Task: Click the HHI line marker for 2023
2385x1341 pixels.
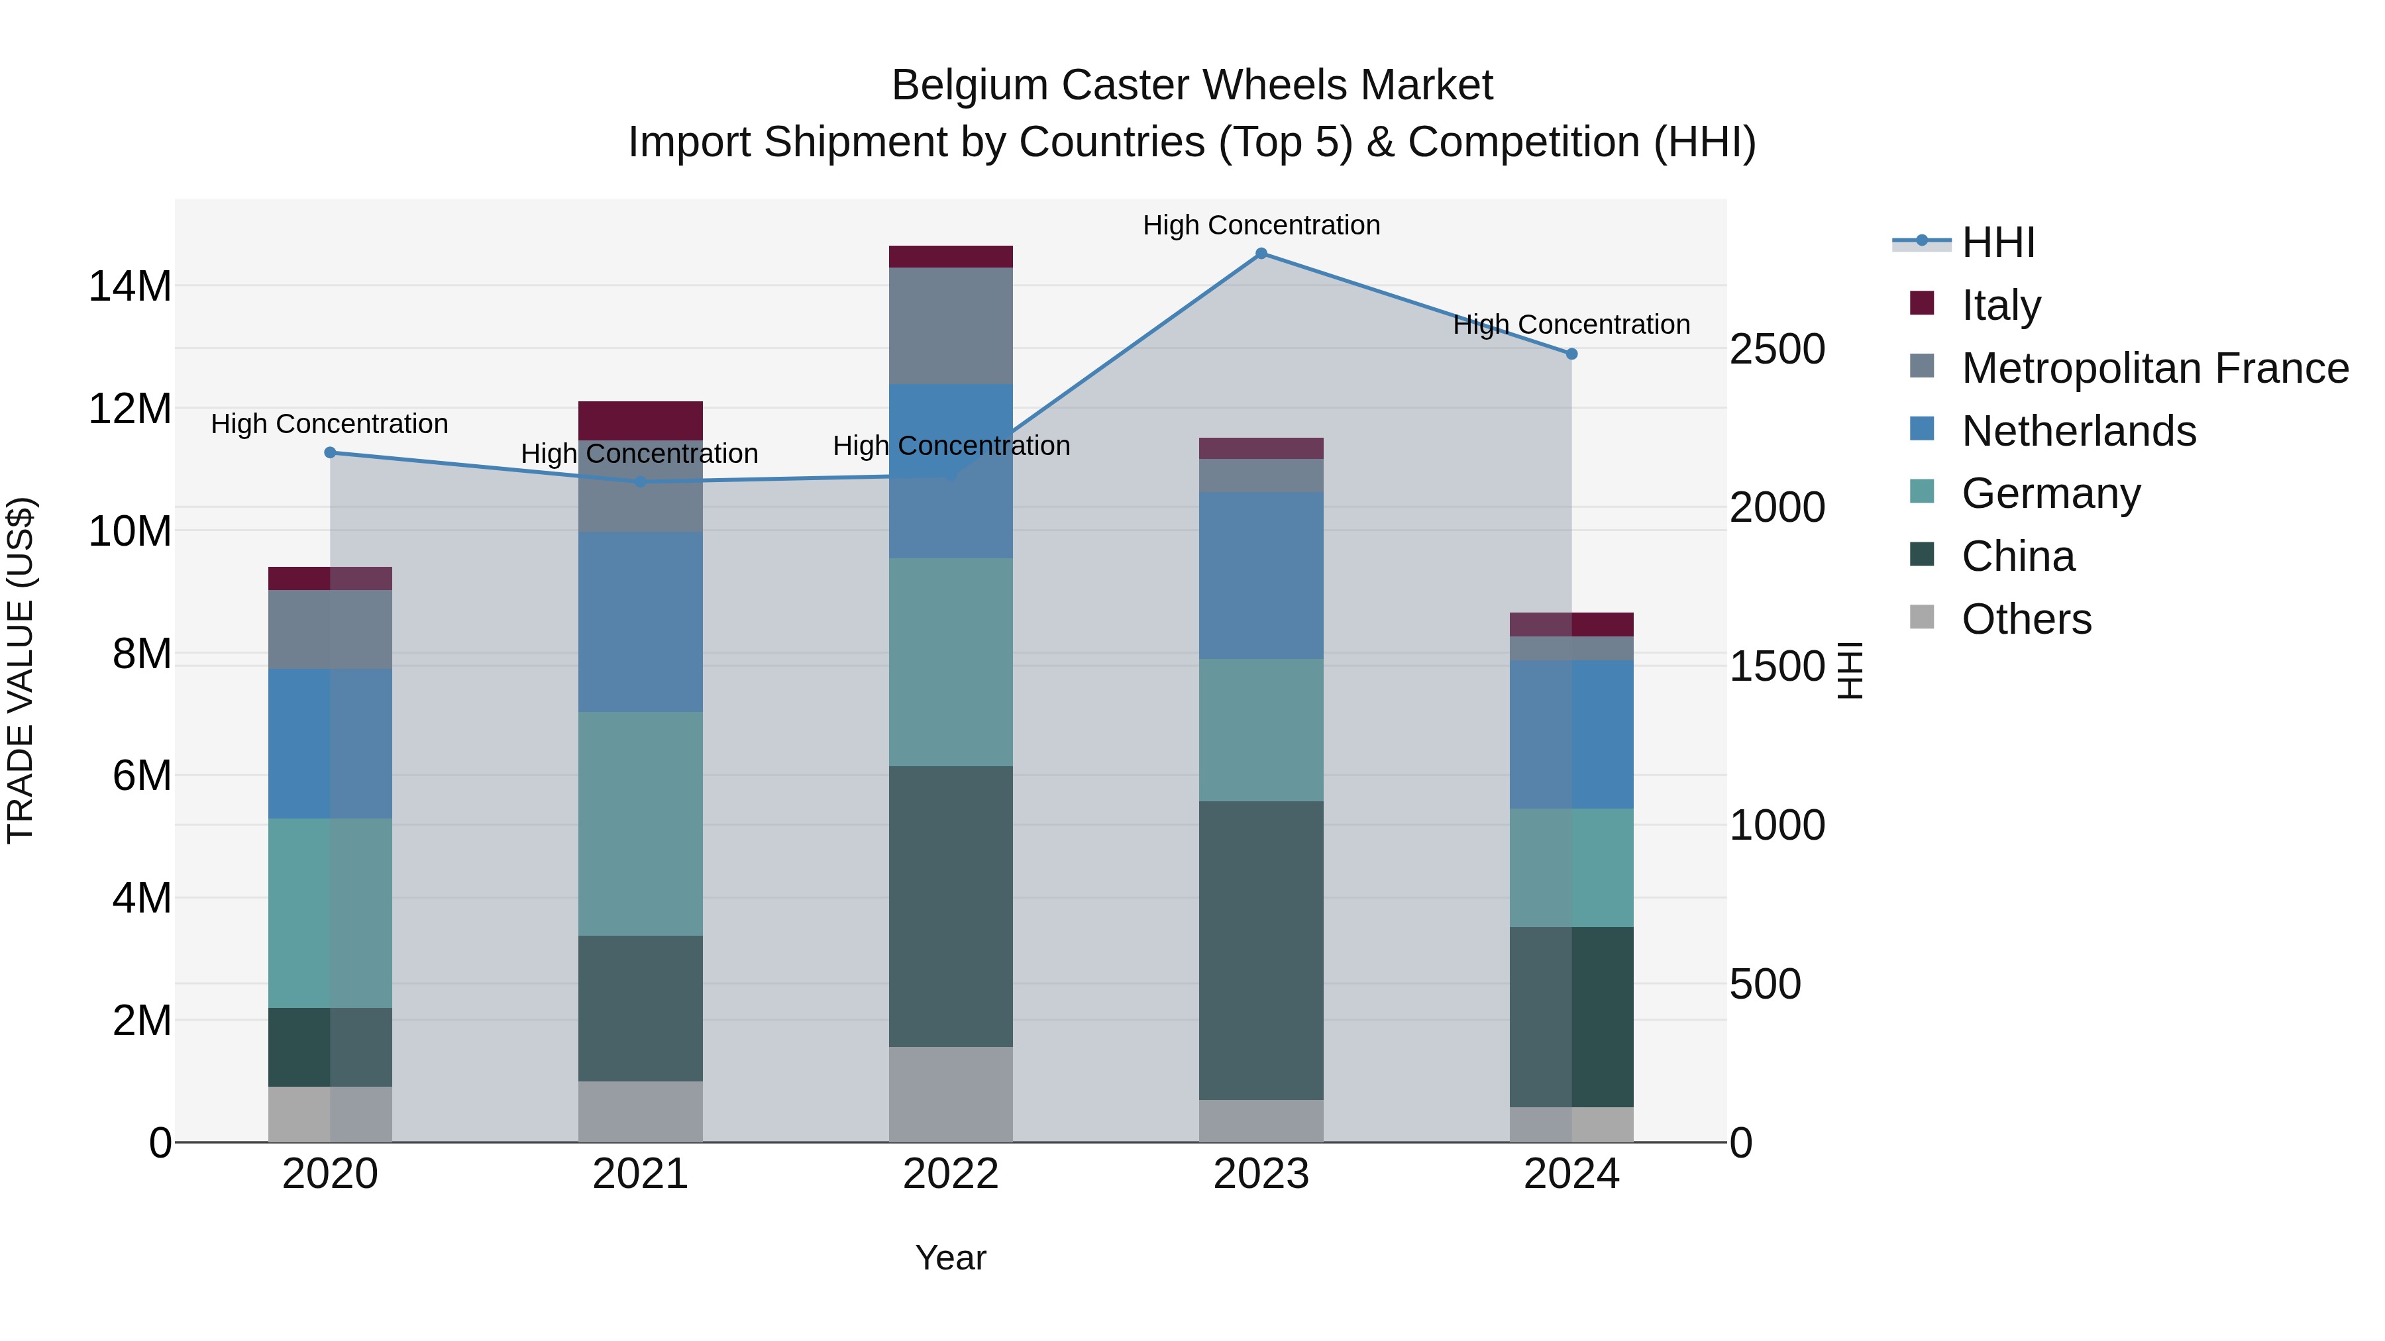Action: point(1261,254)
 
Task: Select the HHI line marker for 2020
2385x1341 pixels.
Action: point(330,452)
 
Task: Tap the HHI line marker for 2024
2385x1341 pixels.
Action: point(1571,354)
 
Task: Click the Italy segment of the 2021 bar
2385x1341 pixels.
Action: point(640,420)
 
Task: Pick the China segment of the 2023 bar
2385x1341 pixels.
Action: point(1261,950)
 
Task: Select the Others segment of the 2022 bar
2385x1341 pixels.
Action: point(951,1094)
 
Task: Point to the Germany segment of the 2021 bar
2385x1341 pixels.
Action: point(640,824)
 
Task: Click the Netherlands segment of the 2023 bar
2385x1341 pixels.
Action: point(1261,575)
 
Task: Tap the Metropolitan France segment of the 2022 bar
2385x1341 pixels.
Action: point(951,326)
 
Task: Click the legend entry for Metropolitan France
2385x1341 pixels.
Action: point(2154,368)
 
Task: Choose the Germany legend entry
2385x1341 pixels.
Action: point(2050,493)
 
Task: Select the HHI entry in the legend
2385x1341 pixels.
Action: point(1998,242)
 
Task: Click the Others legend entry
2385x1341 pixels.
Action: point(2026,619)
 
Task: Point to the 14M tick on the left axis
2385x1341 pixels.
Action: point(130,286)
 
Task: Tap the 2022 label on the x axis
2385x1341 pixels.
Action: point(951,1174)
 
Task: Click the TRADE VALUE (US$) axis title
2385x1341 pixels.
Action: point(21,671)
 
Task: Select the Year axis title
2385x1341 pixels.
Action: point(951,1258)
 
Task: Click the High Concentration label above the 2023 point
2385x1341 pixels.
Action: point(1261,225)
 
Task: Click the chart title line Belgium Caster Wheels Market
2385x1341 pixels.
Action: point(1192,85)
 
